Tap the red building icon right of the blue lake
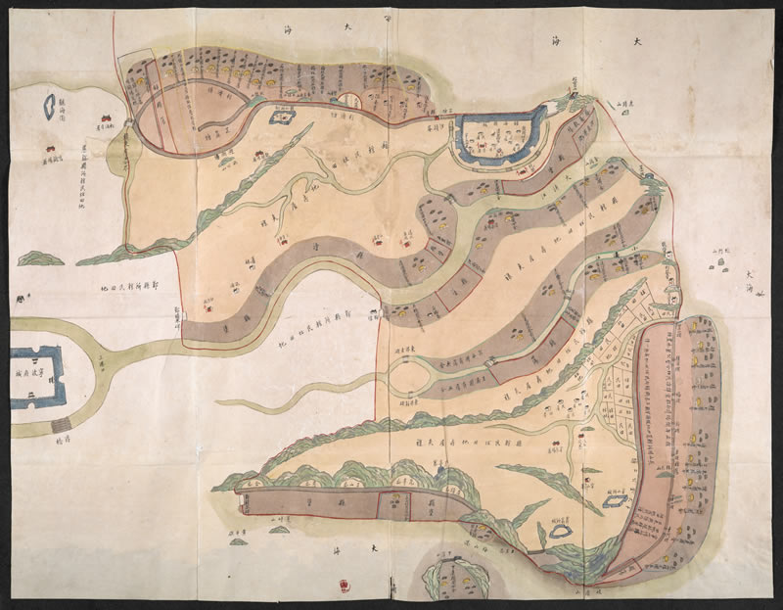[x=101, y=120]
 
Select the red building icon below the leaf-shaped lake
[x=46, y=150]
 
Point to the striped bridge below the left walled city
[x=62, y=425]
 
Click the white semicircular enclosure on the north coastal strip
[x=347, y=99]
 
